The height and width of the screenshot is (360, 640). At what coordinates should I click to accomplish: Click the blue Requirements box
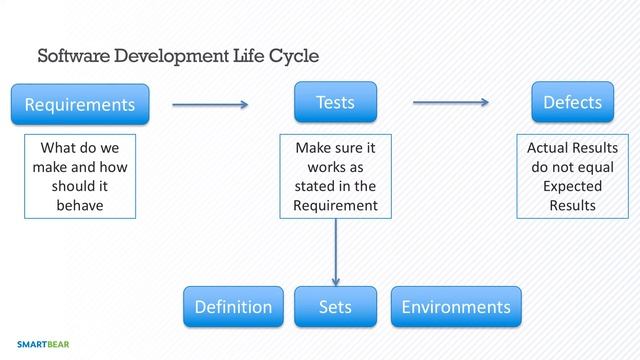tap(80, 104)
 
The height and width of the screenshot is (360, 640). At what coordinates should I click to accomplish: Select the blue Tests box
tap(335, 102)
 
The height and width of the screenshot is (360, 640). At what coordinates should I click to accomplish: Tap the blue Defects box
tap(572, 102)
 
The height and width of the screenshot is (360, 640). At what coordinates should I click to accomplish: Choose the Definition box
tap(233, 307)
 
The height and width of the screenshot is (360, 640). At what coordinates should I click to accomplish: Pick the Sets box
tap(335, 307)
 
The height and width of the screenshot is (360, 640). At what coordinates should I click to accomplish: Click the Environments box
tap(455, 307)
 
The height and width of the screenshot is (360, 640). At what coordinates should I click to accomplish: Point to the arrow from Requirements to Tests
tap(210, 103)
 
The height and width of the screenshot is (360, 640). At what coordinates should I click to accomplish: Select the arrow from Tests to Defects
tap(450, 102)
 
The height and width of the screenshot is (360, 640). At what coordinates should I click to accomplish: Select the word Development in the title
tap(172, 55)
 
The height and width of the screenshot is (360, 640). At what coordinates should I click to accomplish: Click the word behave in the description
tap(80, 205)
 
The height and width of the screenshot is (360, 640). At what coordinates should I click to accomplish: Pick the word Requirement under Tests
tap(335, 205)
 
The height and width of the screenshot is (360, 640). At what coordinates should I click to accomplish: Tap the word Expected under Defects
tap(572, 186)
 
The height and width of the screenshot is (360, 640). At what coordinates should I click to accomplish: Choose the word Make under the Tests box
tap(312, 148)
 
